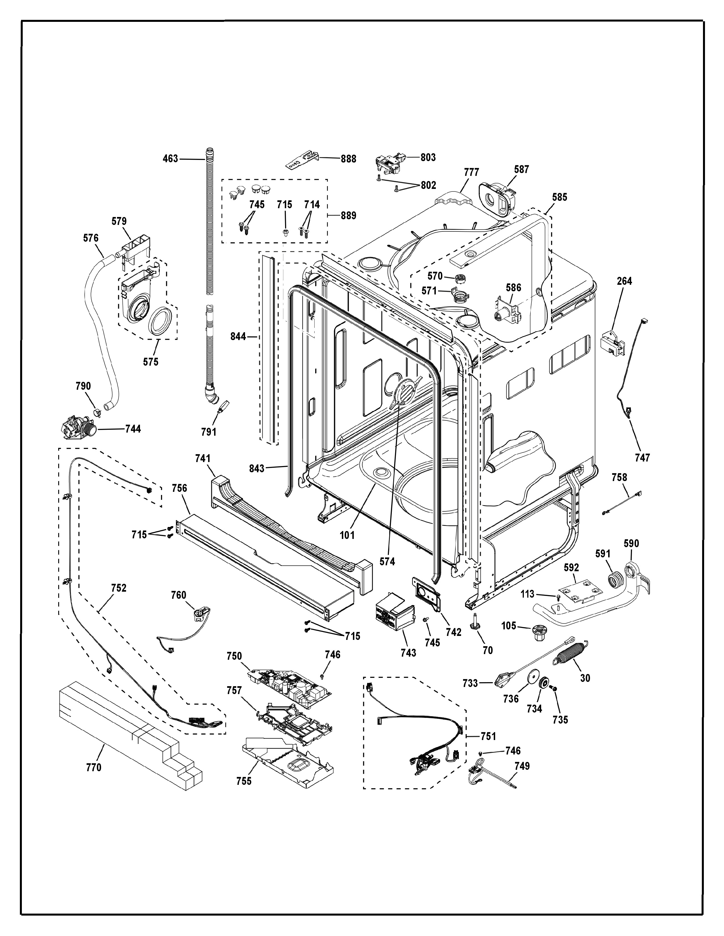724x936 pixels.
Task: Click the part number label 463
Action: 170,159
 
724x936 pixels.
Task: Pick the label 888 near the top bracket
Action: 348,159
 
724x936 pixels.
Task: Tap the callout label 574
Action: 387,561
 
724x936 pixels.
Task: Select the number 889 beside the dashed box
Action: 348,215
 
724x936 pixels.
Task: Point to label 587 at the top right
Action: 522,169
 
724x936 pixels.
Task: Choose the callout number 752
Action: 118,588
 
